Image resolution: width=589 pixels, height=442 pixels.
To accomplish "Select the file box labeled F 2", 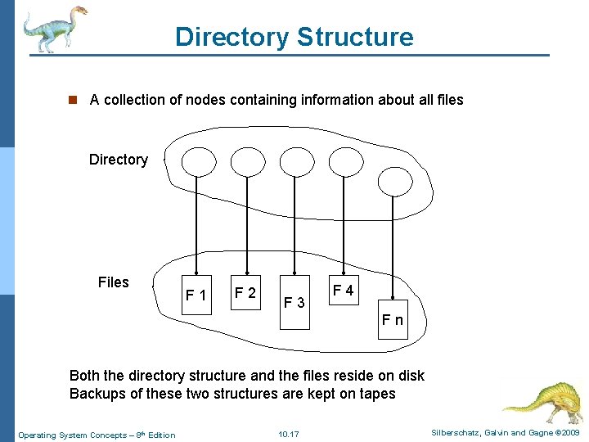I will (x=245, y=292).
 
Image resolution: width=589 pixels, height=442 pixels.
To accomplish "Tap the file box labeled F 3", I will (x=294, y=303).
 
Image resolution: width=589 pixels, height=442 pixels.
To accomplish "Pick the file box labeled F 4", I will (x=344, y=291).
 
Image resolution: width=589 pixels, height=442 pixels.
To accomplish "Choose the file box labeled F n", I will (x=393, y=319).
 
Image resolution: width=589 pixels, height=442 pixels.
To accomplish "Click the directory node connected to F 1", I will (x=197, y=161).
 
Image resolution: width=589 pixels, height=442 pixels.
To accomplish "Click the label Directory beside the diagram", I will (x=119, y=160).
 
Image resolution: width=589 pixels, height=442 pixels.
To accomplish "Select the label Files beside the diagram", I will (x=113, y=282).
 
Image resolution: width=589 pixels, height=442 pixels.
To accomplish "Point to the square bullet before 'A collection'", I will (x=72, y=100).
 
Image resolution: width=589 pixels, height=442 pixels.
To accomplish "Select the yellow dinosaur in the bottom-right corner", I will (x=542, y=397).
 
